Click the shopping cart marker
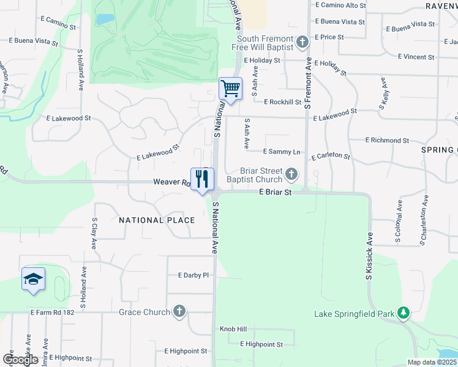(x=230, y=89)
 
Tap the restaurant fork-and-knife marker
(x=202, y=179)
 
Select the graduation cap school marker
(x=33, y=280)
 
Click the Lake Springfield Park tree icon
(x=403, y=313)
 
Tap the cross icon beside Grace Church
(x=179, y=312)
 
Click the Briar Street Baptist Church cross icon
(x=291, y=175)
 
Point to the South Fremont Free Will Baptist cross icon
(x=302, y=43)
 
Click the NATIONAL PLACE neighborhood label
(x=157, y=220)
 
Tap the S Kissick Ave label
(x=369, y=256)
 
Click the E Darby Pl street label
(x=193, y=275)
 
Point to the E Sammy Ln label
(x=282, y=151)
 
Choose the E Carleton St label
(x=331, y=157)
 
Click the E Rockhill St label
(x=283, y=102)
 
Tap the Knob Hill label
(x=234, y=329)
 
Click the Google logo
(x=20, y=360)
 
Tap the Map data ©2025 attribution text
(x=431, y=362)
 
